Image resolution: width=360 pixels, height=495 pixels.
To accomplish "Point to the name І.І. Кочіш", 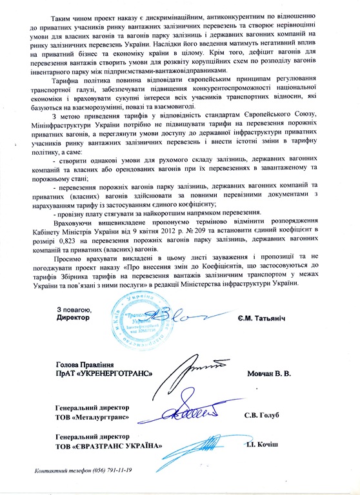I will pyautogui.click(x=264, y=446).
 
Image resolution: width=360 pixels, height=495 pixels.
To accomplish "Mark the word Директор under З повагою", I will pyautogui.click(x=75, y=319).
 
